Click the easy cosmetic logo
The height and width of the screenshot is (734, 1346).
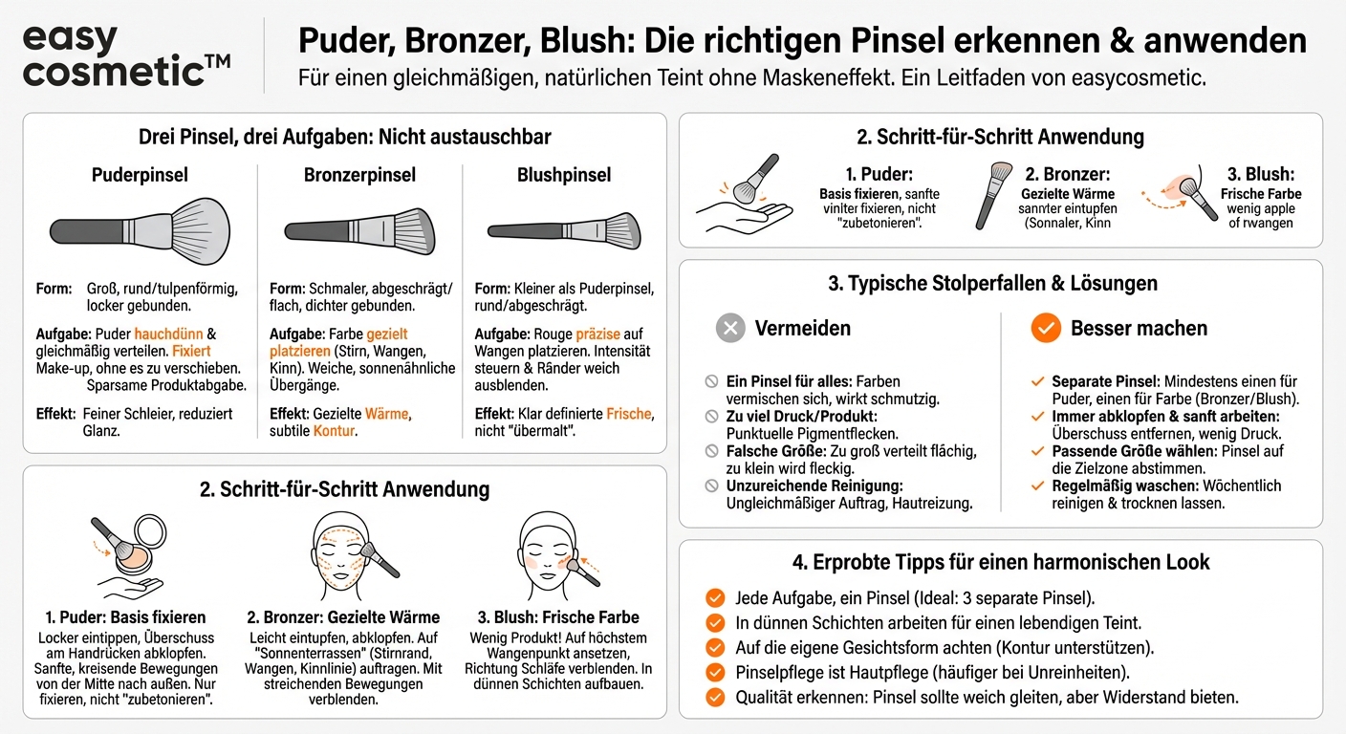pos(125,56)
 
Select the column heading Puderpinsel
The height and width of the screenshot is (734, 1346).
pos(140,175)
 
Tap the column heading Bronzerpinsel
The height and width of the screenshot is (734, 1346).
pos(359,175)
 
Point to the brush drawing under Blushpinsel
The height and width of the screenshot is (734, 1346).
pos(564,230)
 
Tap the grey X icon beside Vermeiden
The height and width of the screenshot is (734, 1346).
pos(730,329)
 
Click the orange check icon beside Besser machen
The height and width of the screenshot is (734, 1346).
pos(1046,329)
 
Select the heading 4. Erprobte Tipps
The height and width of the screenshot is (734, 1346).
pos(1001,562)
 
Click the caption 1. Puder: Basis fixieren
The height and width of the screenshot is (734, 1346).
pos(125,616)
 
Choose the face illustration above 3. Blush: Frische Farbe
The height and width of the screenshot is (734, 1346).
pos(550,554)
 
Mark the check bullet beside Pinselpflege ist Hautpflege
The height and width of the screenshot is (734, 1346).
pos(714,673)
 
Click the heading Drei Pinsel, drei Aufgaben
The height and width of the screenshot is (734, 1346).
pos(344,137)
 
